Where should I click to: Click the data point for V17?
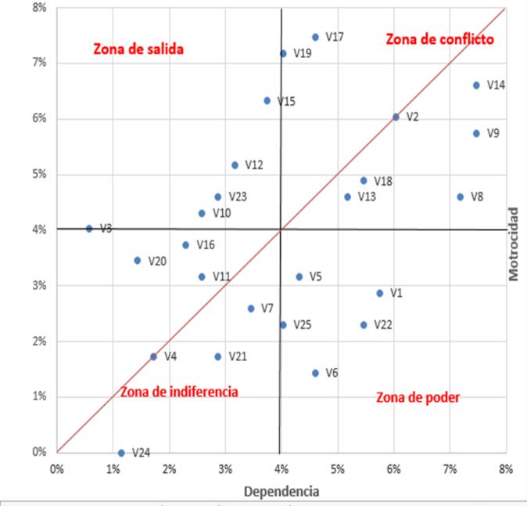315,37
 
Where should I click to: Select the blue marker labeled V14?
476,85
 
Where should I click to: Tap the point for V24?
121,453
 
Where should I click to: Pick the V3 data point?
89,229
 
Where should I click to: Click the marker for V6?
315,373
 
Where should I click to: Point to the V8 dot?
460,197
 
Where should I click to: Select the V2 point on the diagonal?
396,117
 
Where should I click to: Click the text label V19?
303,53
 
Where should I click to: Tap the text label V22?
383,324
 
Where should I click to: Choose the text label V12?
254,165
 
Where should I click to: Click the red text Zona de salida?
138,49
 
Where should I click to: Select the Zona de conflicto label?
440,39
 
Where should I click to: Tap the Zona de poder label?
418,397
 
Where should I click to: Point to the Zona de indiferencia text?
179,391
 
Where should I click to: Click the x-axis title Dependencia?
281,492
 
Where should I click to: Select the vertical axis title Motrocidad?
514,244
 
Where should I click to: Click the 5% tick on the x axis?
338,468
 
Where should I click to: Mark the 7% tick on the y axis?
38,63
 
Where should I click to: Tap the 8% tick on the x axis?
506,468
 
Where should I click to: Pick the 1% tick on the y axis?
38,396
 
